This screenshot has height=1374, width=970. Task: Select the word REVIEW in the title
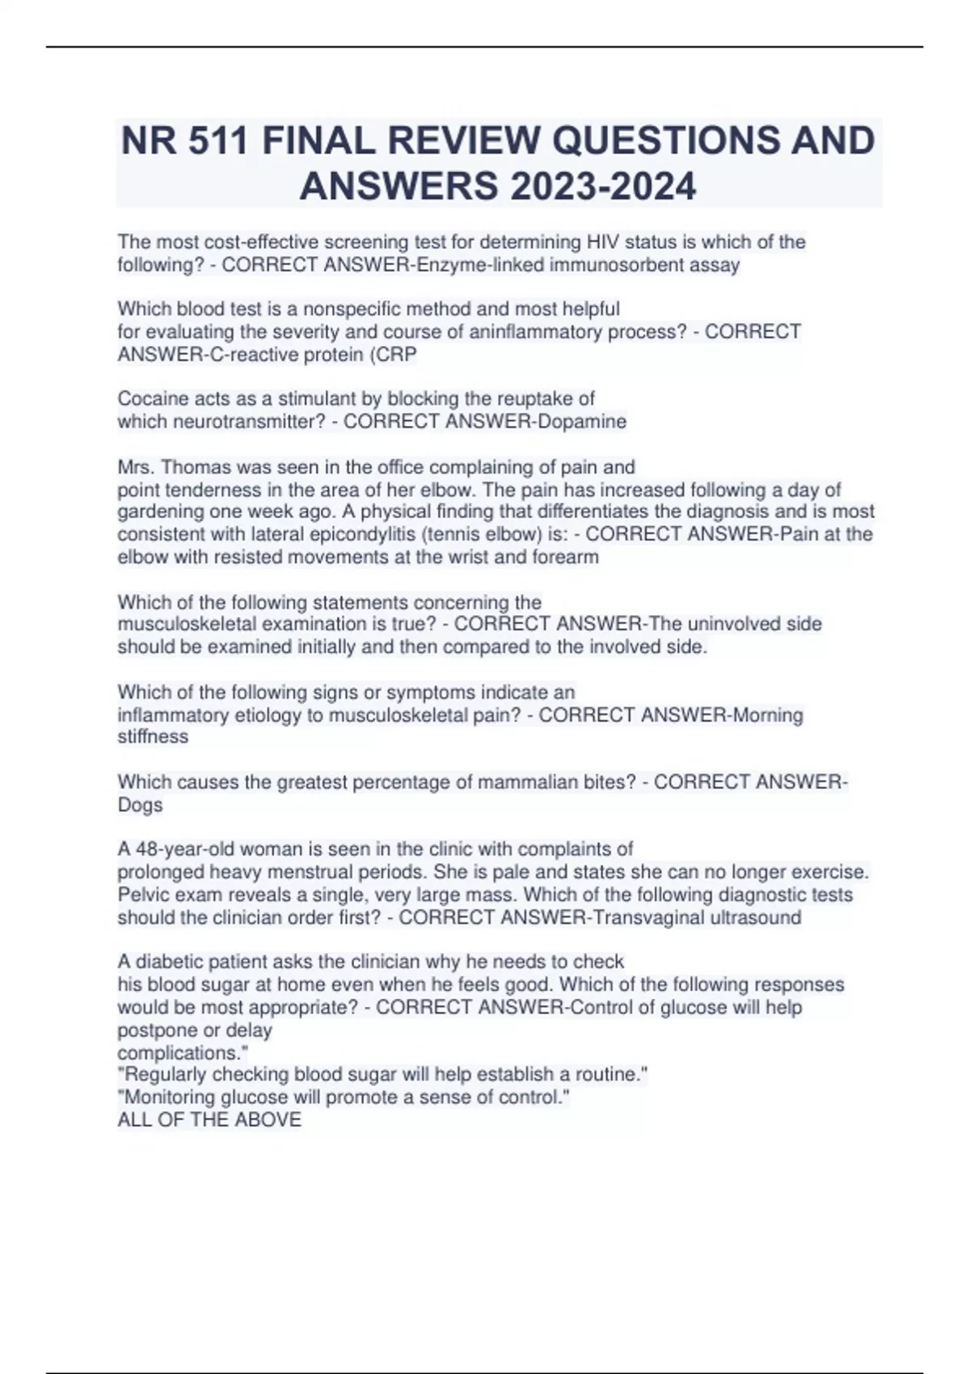[461, 141]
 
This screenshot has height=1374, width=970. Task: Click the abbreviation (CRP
[393, 354]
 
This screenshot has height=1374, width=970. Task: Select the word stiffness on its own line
[153, 736]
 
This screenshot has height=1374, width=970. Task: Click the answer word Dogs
[140, 805]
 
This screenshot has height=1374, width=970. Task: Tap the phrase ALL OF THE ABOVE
[209, 1119]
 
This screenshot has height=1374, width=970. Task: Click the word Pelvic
[142, 895]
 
